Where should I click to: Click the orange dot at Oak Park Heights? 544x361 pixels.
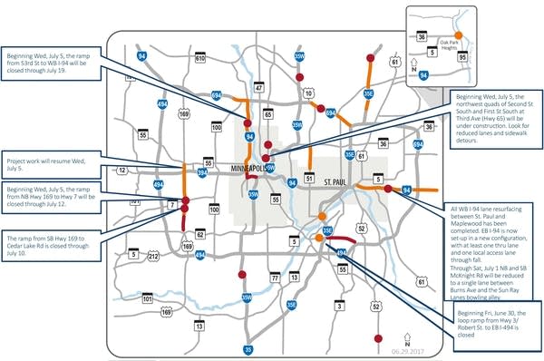460,34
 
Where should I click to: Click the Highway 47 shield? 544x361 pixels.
259,63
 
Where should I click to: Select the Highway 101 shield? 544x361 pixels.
146,297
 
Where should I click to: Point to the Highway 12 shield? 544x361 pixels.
121,170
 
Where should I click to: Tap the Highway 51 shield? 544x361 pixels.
308,180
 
